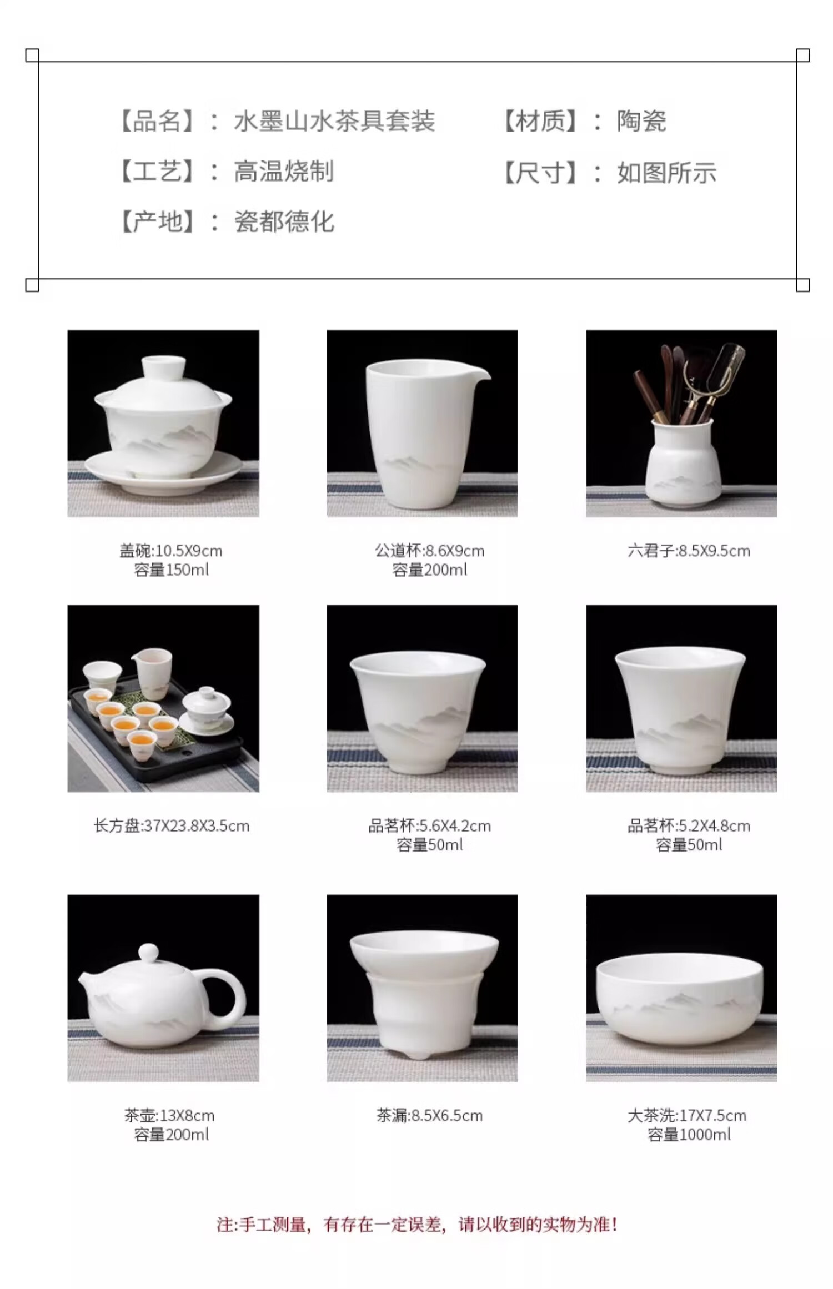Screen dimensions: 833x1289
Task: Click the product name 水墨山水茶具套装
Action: [x=334, y=122]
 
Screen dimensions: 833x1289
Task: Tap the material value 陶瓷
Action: [x=641, y=122]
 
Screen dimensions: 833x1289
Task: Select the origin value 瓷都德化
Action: [x=284, y=222]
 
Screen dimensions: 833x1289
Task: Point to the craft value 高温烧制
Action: [x=284, y=172]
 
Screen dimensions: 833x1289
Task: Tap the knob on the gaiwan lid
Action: [x=163, y=367]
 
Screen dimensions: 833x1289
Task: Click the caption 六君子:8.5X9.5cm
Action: [x=689, y=551]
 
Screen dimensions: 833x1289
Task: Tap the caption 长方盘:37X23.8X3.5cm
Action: [x=171, y=825]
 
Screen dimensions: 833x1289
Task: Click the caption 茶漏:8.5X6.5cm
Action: [x=429, y=1115]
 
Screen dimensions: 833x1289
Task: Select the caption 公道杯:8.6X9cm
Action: [x=429, y=551]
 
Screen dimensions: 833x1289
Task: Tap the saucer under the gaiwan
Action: [x=163, y=472]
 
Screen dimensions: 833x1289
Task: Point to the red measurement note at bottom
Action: [x=416, y=1224]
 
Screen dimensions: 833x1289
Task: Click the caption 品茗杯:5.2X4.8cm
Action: [x=689, y=825]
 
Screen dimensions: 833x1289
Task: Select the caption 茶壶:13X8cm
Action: [x=169, y=1115]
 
